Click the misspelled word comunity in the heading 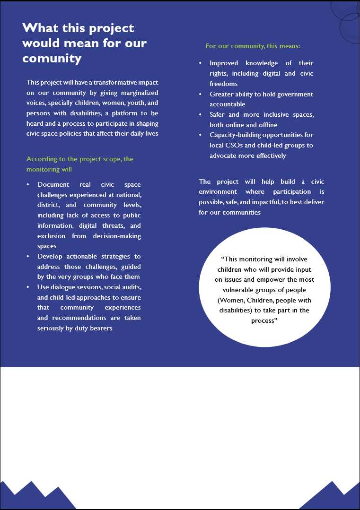pos(52,58)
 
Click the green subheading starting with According pos(79,159)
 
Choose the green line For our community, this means pos(253,46)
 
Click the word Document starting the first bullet pos(53,184)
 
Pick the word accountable pos(228,104)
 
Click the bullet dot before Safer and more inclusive pos(200,115)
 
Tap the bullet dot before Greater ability pos(200,94)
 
